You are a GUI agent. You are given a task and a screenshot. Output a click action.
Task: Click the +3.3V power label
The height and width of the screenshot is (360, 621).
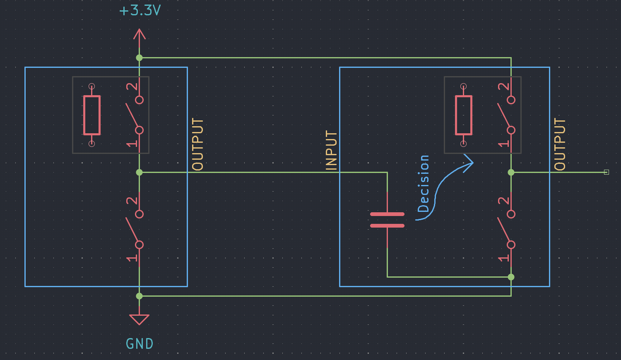tap(140, 10)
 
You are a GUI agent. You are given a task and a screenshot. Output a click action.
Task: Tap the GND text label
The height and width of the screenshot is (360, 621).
tap(140, 343)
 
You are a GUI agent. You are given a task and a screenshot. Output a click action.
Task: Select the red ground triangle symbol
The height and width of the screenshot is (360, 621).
tap(139, 319)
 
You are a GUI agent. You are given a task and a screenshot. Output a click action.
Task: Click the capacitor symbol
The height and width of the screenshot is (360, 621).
tap(387, 220)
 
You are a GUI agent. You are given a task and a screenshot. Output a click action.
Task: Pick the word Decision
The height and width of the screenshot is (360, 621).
tap(424, 184)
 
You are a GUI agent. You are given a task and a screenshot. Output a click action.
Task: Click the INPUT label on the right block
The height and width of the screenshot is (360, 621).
tap(331, 150)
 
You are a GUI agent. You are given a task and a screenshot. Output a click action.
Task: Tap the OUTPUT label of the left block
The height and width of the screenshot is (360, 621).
tap(197, 144)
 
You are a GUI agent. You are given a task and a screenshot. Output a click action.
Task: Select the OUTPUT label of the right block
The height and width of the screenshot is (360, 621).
tap(560, 144)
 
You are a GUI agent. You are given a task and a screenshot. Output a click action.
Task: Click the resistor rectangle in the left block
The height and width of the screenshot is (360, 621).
tap(92, 115)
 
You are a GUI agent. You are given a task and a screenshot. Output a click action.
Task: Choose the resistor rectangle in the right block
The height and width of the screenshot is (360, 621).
tap(464, 115)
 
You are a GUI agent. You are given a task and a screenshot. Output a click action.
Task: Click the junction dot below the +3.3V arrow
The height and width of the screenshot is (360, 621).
tap(139, 58)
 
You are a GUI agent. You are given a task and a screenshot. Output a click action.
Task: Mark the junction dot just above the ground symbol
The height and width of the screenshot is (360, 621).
tap(139, 296)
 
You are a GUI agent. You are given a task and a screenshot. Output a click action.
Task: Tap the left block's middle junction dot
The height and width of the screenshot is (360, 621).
tap(139, 173)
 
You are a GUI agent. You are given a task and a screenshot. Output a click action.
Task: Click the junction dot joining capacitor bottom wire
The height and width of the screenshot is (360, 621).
tap(511, 277)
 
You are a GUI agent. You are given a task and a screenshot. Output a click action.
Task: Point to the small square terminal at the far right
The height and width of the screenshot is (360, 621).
tap(607, 173)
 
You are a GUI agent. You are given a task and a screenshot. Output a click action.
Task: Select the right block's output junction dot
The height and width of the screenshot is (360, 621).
tap(511, 173)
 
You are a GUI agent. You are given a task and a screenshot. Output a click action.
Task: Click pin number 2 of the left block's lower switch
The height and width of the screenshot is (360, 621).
tap(132, 201)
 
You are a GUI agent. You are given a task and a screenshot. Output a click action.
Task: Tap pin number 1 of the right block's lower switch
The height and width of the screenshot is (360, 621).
tap(504, 258)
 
